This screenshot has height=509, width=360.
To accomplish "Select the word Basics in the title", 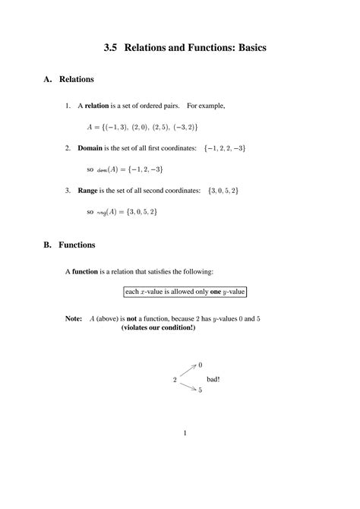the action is coord(246,49).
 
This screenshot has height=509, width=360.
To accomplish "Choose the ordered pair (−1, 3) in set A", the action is coord(116,126).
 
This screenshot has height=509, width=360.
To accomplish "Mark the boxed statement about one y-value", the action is coord(185,292).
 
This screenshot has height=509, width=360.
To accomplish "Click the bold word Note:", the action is coord(74,319).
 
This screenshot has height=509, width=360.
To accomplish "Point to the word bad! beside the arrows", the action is coord(213,378).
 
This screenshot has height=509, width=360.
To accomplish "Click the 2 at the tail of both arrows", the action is coord(175,378).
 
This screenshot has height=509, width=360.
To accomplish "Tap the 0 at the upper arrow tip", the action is coord(200,365).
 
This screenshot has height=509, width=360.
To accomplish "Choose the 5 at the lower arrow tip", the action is coord(200,390).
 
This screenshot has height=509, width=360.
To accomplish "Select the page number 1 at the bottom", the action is coord(185,434).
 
